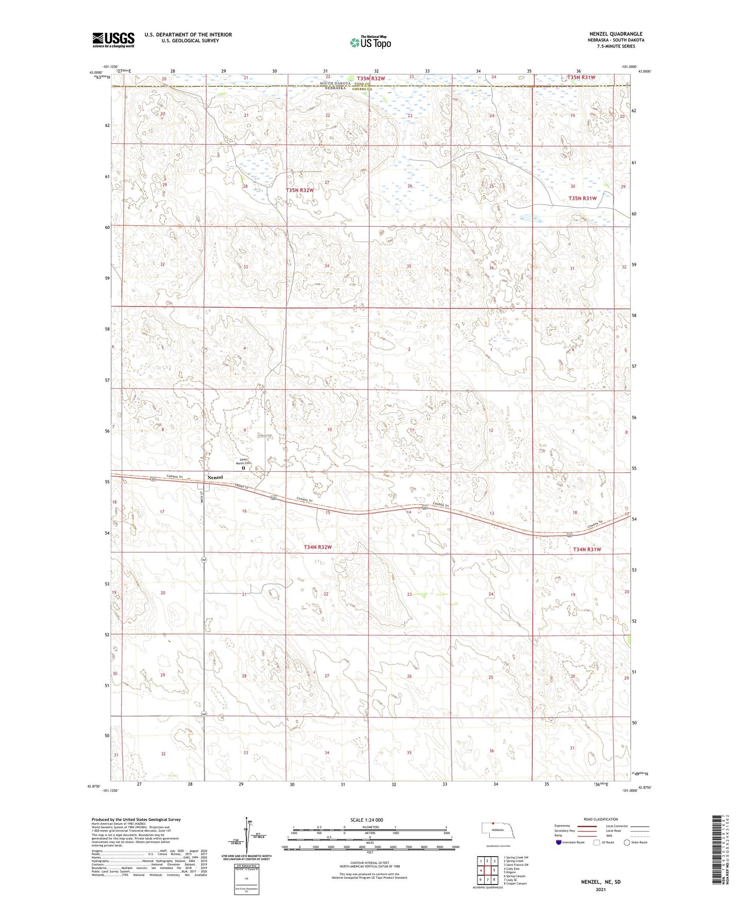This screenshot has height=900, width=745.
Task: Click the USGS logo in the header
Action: pyautogui.click(x=113, y=40)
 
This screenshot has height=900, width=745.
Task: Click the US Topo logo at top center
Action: pyautogui.click(x=370, y=42)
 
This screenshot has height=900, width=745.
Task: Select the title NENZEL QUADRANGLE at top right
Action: pyautogui.click(x=616, y=34)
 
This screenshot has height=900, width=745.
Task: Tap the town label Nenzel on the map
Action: pyautogui.click(x=215, y=477)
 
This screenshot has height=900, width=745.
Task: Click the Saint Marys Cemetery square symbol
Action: pyautogui.click(x=243, y=469)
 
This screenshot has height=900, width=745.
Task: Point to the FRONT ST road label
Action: pyautogui.click(x=241, y=487)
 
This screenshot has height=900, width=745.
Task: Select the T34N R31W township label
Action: pyautogui.click(x=587, y=549)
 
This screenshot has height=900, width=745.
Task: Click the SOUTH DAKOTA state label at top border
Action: pyautogui.click(x=335, y=84)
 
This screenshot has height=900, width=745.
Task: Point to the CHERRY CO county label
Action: pyautogui.click(x=362, y=89)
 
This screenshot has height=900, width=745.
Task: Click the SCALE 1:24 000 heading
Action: pyautogui.click(x=367, y=820)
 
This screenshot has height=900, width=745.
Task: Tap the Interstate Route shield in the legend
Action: pyautogui.click(x=559, y=842)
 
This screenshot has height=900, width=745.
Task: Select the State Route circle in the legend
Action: pyautogui.click(x=626, y=842)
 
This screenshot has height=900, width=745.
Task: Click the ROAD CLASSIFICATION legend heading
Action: pyautogui.click(x=601, y=819)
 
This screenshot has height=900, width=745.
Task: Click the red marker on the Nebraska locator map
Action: pyautogui.click(x=493, y=823)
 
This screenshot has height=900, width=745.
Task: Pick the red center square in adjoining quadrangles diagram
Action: pyautogui.click(x=487, y=871)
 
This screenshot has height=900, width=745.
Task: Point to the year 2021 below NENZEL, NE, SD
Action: pyautogui.click(x=601, y=889)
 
